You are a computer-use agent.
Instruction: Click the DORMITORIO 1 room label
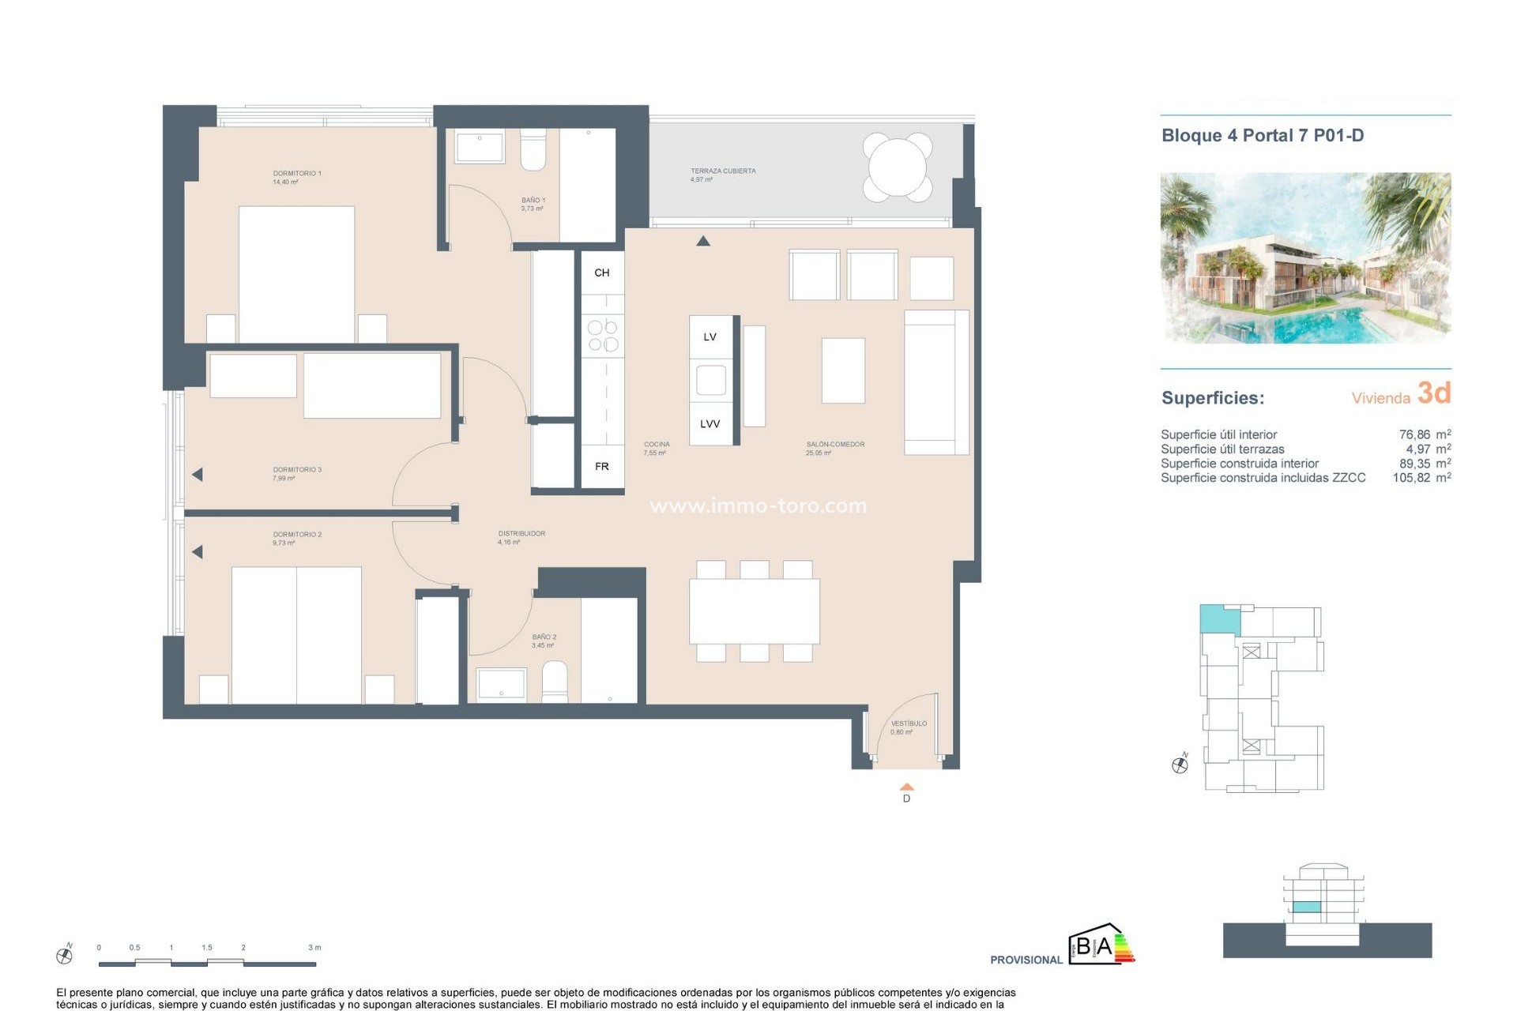pyautogui.click(x=296, y=173)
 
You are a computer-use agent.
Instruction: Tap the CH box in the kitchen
pyautogui.click(x=602, y=272)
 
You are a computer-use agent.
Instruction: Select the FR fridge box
pyautogui.click(x=602, y=467)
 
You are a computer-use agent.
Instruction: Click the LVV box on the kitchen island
pyautogui.click(x=710, y=424)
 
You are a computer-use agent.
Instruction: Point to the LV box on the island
pyautogui.click(x=710, y=337)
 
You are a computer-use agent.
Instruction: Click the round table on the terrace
pyautogui.click(x=898, y=167)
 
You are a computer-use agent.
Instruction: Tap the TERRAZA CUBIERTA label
pyautogui.click(x=723, y=171)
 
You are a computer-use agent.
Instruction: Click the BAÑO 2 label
pyautogui.click(x=544, y=637)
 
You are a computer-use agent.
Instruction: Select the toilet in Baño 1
pyautogui.click(x=533, y=151)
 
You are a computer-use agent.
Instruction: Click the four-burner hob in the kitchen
pyautogui.click(x=603, y=336)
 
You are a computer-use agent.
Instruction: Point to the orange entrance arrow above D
pyautogui.click(x=907, y=787)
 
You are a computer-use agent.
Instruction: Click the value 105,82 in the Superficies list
pyautogui.click(x=1411, y=478)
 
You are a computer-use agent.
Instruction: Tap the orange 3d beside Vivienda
pyautogui.click(x=1433, y=393)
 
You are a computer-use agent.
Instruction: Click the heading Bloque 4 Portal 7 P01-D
pyautogui.click(x=1262, y=135)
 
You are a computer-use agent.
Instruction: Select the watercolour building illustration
pyautogui.click(x=1305, y=257)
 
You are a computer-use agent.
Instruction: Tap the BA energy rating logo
pyautogui.click(x=1101, y=945)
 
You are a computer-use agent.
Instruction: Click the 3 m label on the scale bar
pyautogui.click(x=314, y=947)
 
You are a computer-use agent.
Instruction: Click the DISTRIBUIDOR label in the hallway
pyautogui.click(x=521, y=533)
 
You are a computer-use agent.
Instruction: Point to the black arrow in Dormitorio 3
pyautogui.click(x=198, y=475)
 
